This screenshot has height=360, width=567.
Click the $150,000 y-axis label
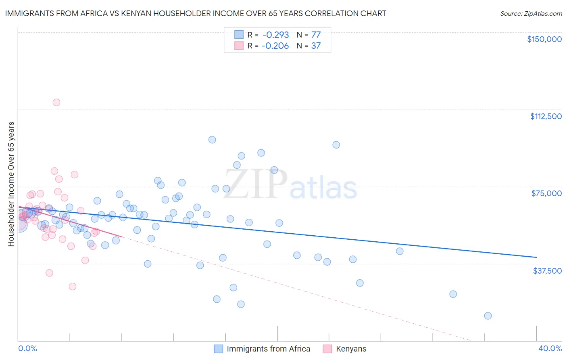(544, 39)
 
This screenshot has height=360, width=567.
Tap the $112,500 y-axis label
(546, 116)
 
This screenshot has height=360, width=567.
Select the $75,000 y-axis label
(546, 193)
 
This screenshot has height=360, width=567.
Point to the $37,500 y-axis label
(547, 271)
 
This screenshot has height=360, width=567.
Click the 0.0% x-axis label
(27, 348)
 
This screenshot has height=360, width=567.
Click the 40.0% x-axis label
(550, 348)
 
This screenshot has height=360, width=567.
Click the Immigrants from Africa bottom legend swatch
(218, 349)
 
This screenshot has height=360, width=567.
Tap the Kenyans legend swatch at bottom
(327, 349)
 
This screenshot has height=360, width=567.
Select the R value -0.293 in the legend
(275, 35)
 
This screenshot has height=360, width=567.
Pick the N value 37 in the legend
(316, 46)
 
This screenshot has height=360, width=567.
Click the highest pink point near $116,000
(56, 103)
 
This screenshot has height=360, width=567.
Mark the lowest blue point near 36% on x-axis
(488, 316)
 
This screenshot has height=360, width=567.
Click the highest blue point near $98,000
(212, 140)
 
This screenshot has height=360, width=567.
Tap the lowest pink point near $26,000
(73, 287)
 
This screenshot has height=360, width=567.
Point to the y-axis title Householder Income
(11, 184)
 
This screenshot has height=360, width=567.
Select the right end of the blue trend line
(536, 257)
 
